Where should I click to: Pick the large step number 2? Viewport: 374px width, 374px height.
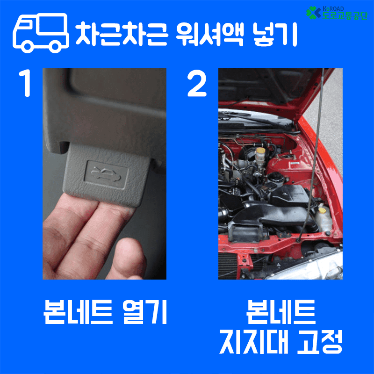click(197, 84)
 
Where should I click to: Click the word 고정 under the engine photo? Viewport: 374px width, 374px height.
click(318, 342)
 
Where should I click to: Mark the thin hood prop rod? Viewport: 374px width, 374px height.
click(314, 154)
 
